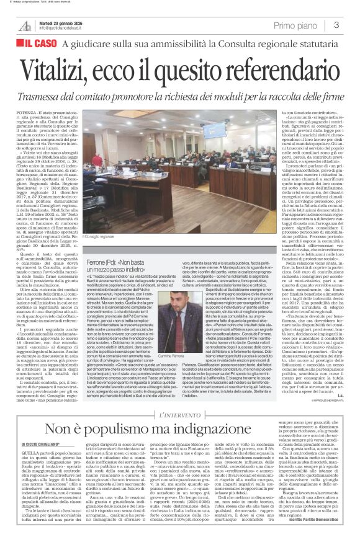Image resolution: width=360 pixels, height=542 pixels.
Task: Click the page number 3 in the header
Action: pyautogui.click(x=336, y=25)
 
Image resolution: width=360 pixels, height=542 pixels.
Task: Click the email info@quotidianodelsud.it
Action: pyautogui.click(x=62, y=28)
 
